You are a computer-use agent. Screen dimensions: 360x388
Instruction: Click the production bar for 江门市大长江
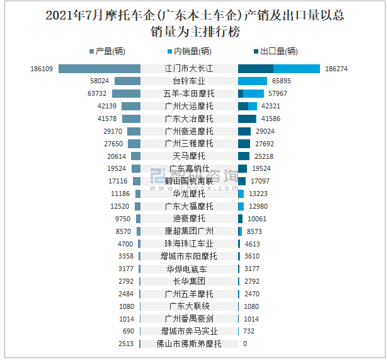tap(100, 69)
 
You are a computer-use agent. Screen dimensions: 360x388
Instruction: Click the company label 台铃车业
tap(189, 81)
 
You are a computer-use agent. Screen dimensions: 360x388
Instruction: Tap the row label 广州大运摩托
tap(189, 106)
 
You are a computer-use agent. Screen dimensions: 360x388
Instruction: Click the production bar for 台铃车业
tap(127, 81)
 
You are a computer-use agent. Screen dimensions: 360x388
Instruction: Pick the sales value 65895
tap(281, 81)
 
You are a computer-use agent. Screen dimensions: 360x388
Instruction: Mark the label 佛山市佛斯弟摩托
tap(189, 344)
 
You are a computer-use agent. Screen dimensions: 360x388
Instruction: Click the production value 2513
tap(126, 344)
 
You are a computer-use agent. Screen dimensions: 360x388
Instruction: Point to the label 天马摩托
tap(189, 156)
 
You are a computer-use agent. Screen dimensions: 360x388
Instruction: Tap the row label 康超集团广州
tap(189, 231)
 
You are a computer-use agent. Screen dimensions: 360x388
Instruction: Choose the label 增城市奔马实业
tap(189, 332)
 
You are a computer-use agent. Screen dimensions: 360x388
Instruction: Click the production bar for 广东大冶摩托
tap(131, 119)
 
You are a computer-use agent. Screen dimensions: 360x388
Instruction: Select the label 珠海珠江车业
tap(189, 244)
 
